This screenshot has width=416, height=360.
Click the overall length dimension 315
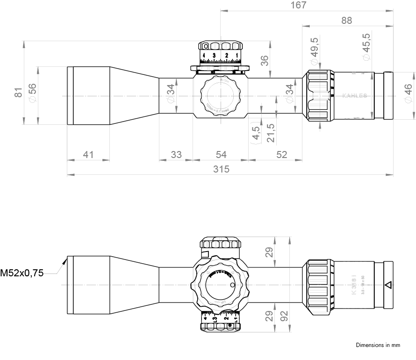[221, 169]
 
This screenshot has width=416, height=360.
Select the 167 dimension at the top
[298, 5]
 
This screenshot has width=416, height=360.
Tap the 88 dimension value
[346, 20]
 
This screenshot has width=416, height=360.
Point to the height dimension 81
[18, 92]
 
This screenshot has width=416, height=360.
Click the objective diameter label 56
[32, 89]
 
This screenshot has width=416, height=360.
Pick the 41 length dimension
[88, 154]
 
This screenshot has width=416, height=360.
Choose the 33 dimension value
[176, 154]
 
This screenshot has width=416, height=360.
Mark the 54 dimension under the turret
[221, 154]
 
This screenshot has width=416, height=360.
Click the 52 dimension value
[281, 154]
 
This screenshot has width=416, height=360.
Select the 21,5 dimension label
[271, 133]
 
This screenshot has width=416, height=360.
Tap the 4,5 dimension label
[256, 133]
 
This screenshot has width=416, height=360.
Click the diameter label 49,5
[314, 49]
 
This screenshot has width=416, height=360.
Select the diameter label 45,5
[366, 46]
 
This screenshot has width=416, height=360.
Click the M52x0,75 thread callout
[22, 273]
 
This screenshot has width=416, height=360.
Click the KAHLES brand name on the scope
[355, 96]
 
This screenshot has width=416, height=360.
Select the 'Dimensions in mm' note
[378, 346]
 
